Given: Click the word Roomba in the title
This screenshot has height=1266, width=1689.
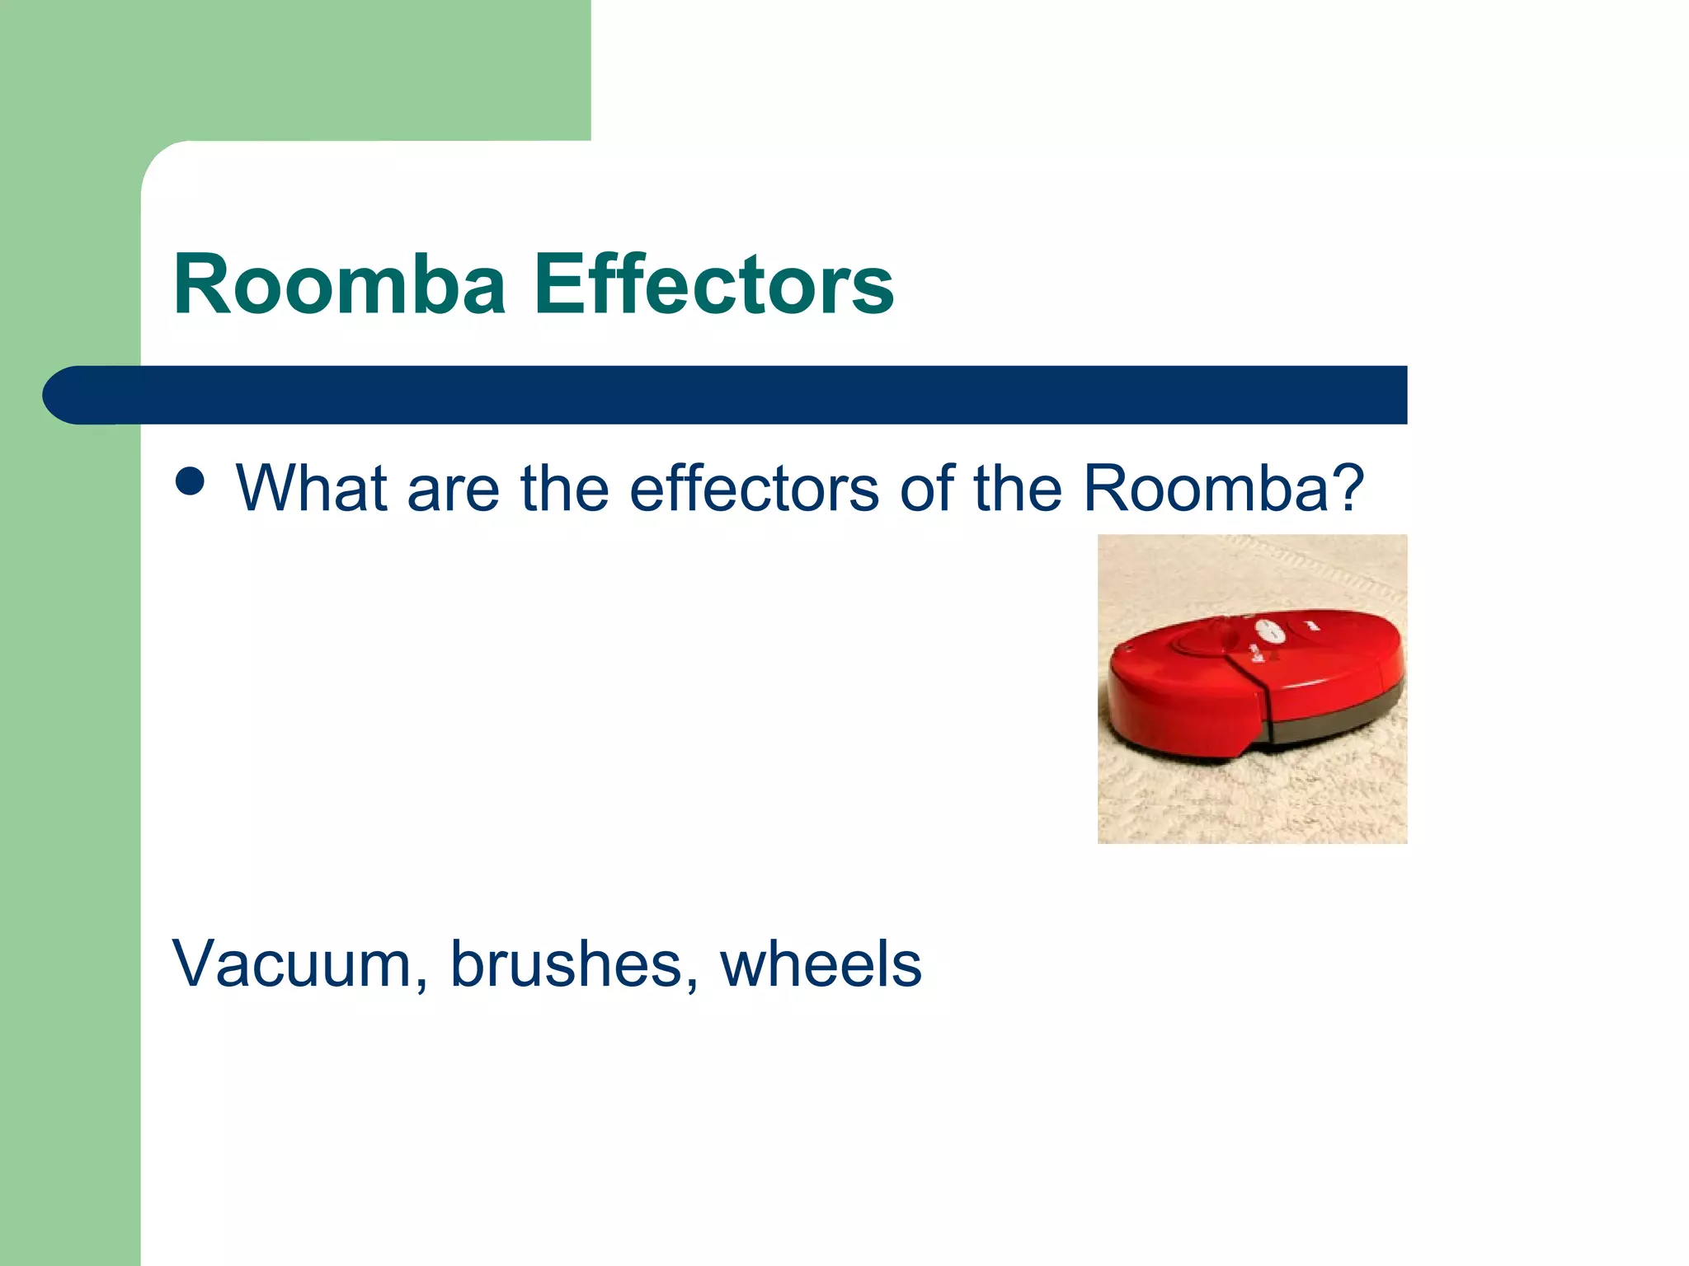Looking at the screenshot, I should pyautogui.click(x=339, y=285).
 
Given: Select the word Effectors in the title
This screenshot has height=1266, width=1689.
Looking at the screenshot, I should pyautogui.click(x=714, y=285).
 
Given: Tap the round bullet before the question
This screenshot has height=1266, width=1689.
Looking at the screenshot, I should pyautogui.click(x=191, y=482).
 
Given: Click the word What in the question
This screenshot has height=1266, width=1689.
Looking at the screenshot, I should pyautogui.click(x=311, y=489).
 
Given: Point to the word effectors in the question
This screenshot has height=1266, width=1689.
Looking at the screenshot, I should pyautogui.click(x=754, y=489).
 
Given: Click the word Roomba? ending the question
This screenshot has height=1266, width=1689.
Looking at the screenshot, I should pyautogui.click(x=1224, y=489).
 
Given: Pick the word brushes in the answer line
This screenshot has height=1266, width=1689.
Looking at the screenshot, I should pyautogui.click(x=566, y=964).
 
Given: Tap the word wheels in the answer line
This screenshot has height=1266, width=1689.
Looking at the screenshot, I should pyautogui.click(x=821, y=964).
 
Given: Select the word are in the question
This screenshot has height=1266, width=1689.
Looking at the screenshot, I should pyautogui.click(x=453, y=489).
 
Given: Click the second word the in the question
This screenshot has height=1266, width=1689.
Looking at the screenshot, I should pyautogui.click(x=1019, y=489).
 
